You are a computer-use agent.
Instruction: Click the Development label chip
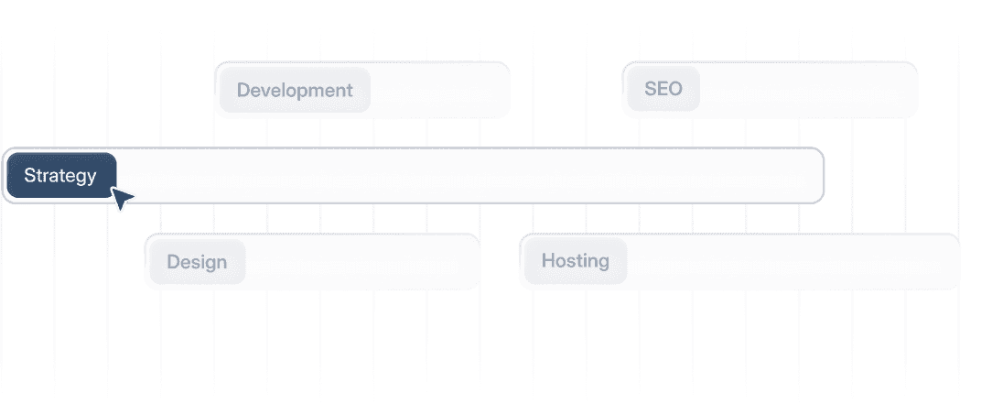pyautogui.click(x=295, y=91)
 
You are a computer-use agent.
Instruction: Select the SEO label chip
pyautogui.click(x=663, y=90)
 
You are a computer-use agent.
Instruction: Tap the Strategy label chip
pyautogui.click(x=60, y=176)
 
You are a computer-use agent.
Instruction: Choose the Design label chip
pyautogui.click(x=197, y=263)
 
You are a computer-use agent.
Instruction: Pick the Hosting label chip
pyautogui.click(x=575, y=262)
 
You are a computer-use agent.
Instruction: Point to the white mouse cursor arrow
pyautogui.click(x=121, y=198)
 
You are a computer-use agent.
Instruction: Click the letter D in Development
pyautogui.click(x=243, y=91)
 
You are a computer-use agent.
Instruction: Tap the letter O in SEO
pyautogui.click(x=675, y=89)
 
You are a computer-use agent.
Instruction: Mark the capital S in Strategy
pyautogui.click(x=29, y=176)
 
